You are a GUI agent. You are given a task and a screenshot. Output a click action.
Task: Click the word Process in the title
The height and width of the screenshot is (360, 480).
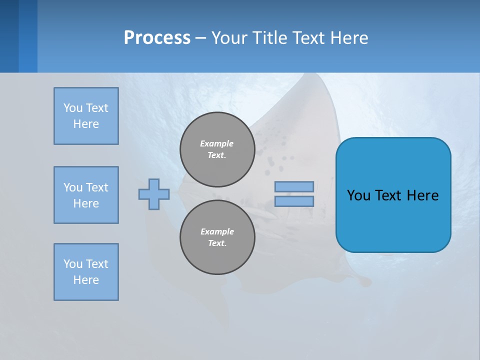click(x=157, y=37)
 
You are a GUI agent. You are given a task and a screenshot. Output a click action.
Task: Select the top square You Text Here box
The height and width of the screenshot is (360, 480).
click(x=86, y=116)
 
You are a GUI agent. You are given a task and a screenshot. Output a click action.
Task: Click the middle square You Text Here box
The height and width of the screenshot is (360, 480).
click(x=86, y=195)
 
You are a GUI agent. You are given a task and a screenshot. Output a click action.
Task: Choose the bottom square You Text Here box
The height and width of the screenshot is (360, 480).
click(x=86, y=272)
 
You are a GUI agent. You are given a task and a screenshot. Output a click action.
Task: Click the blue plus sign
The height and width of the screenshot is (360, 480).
click(x=154, y=194)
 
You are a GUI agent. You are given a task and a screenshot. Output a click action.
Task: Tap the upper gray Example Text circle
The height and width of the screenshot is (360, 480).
click(x=217, y=149)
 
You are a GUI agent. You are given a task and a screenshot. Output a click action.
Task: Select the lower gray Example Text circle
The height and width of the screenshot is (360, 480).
click(x=217, y=237)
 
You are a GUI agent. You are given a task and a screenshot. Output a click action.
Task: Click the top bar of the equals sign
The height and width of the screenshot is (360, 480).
click(x=294, y=186)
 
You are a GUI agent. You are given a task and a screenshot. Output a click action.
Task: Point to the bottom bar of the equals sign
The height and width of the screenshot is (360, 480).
click(x=294, y=201)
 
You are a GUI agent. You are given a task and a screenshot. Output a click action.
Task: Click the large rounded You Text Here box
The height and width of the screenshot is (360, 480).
click(x=393, y=195)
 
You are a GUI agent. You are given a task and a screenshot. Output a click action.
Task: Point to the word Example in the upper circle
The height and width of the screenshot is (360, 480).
click(x=217, y=143)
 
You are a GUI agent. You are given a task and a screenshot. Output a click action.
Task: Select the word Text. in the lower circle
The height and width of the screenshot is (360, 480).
click(x=217, y=243)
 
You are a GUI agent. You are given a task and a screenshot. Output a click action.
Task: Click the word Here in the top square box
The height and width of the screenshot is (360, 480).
click(x=86, y=124)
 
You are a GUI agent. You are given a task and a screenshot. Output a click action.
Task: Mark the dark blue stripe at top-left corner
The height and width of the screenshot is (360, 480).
click(x=9, y=36)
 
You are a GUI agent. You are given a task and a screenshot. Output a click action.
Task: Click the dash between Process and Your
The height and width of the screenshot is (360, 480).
click(x=201, y=38)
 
